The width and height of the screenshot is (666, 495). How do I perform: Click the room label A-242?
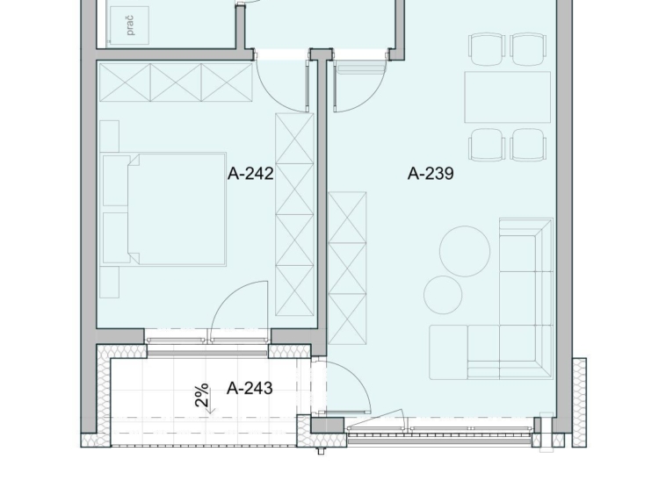pos(250,174)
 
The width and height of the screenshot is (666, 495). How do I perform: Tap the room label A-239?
pos(431,174)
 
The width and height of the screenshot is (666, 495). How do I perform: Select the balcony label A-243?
pos(250,388)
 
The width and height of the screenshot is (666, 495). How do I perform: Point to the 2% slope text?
pos(202,395)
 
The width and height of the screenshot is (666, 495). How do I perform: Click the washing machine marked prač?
pos(129,25)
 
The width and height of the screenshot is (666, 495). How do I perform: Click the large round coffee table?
pos(465,251)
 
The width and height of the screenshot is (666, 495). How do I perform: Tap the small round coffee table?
pos(443,295)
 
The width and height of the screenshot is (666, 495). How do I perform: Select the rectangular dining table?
pos(508,97)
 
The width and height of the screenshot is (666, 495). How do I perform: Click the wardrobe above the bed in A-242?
pos(176,82)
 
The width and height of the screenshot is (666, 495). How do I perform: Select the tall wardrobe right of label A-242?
pos(294,215)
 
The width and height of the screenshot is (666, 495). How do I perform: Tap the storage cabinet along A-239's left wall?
pos(347,268)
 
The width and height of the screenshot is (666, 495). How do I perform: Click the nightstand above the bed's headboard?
pos(109,136)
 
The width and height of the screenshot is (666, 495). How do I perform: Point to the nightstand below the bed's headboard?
pos(109,282)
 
